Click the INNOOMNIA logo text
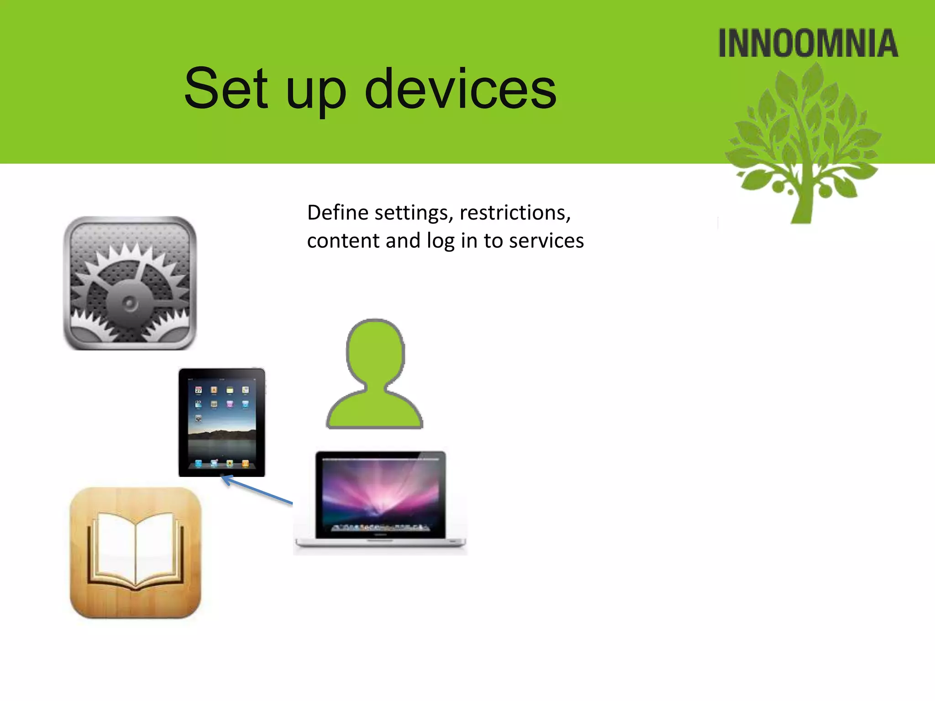[808, 44]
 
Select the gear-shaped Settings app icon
[130, 283]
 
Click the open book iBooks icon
[136, 552]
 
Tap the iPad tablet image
[222, 422]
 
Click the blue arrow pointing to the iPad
[258, 490]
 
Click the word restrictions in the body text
[515, 213]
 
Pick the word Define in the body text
[338, 213]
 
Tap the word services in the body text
[546, 241]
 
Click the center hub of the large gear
[130, 303]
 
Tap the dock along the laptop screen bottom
[380, 528]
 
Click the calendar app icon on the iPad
[199, 390]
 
